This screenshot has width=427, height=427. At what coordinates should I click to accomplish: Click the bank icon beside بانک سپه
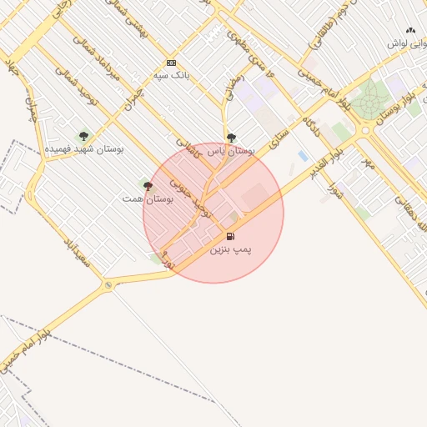(171, 63)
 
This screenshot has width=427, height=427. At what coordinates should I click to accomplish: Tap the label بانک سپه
(171, 75)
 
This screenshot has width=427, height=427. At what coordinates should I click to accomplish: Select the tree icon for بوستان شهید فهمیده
(83, 136)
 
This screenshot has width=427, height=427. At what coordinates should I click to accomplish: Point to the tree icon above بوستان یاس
(231, 138)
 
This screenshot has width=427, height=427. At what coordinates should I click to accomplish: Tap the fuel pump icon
(230, 236)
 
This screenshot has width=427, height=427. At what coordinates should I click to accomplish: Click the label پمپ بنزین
(230, 249)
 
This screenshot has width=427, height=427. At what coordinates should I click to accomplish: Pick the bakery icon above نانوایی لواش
(410, 30)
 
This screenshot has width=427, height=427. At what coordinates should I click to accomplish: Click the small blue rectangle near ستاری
(302, 155)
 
